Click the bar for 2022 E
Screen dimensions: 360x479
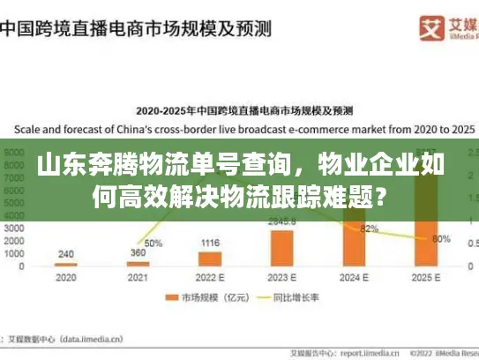coord(210,259)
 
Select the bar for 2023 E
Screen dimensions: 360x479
coord(282,248)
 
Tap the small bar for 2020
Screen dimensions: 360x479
coord(66,265)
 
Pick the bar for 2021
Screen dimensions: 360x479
coord(138,264)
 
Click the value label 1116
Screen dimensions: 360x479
coord(210,243)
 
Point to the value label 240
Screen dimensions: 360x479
coord(66,253)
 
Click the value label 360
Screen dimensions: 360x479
coord(138,253)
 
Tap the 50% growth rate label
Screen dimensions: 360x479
coord(153,243)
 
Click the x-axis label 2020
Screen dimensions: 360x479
coord(66,277)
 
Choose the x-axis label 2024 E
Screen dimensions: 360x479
coord(355,277)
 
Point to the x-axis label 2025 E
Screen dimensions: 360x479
coord(427,277)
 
